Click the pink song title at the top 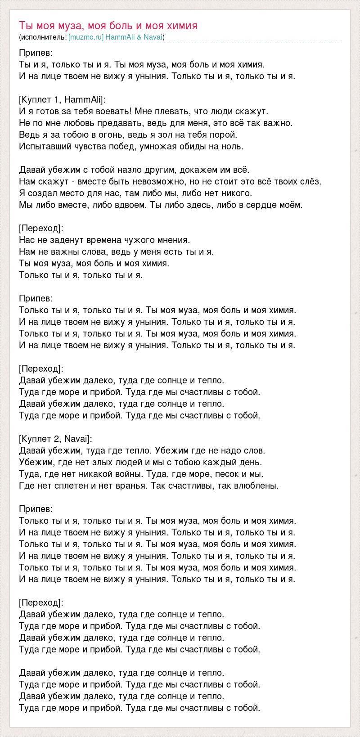pos(108,26)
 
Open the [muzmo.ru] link pos(86,37)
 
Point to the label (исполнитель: pos(43,37)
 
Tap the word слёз pos(311,181)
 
